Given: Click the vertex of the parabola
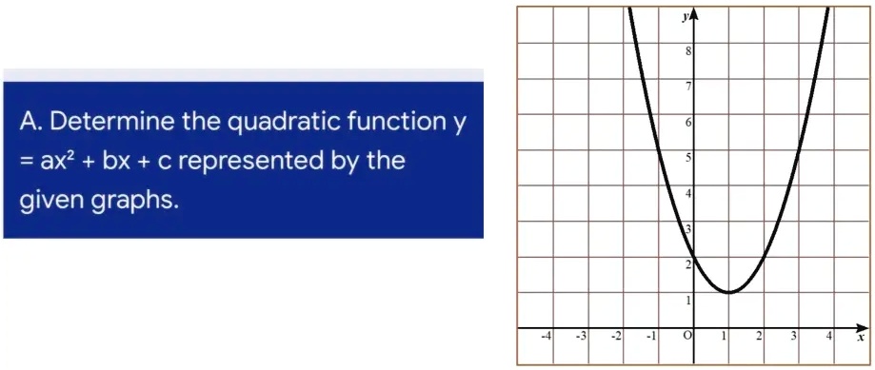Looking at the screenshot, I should (727, 292).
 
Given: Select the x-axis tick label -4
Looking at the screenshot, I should (545, 337).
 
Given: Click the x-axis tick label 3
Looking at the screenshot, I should (793, 337).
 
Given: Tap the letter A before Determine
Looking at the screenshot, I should (29, 122).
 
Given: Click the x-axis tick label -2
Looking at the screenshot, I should (616, 337).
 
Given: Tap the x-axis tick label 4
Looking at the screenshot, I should (828, 337).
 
